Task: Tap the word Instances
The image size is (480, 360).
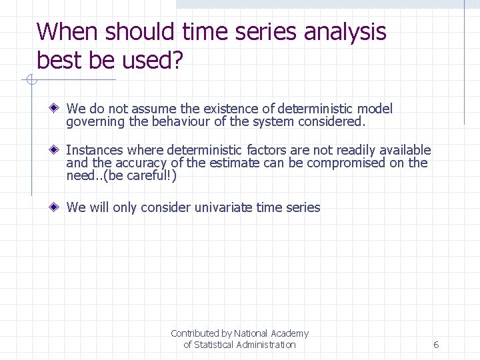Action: [x=95, y=151]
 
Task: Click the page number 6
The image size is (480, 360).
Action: [x=435, y=345]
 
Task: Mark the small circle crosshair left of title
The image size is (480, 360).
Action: [x=31, y=81]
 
